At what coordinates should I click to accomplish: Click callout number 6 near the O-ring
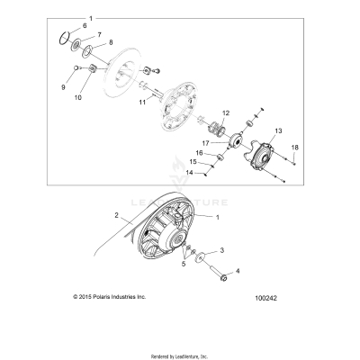tap(85, 25)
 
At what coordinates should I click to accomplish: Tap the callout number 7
tap(99, 33)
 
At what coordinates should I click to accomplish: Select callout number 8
tap(111, 42)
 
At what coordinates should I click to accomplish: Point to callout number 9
tap(62, 87)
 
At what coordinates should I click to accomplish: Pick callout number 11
tap(141, 104)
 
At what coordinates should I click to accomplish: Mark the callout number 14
tap(190, 172)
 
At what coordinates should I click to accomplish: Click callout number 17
tap(205, 142)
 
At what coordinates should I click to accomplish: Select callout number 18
tap(293, 146)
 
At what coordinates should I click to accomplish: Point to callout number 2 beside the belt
tap(116, 215)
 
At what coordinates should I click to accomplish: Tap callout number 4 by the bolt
tap(238, 270)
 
